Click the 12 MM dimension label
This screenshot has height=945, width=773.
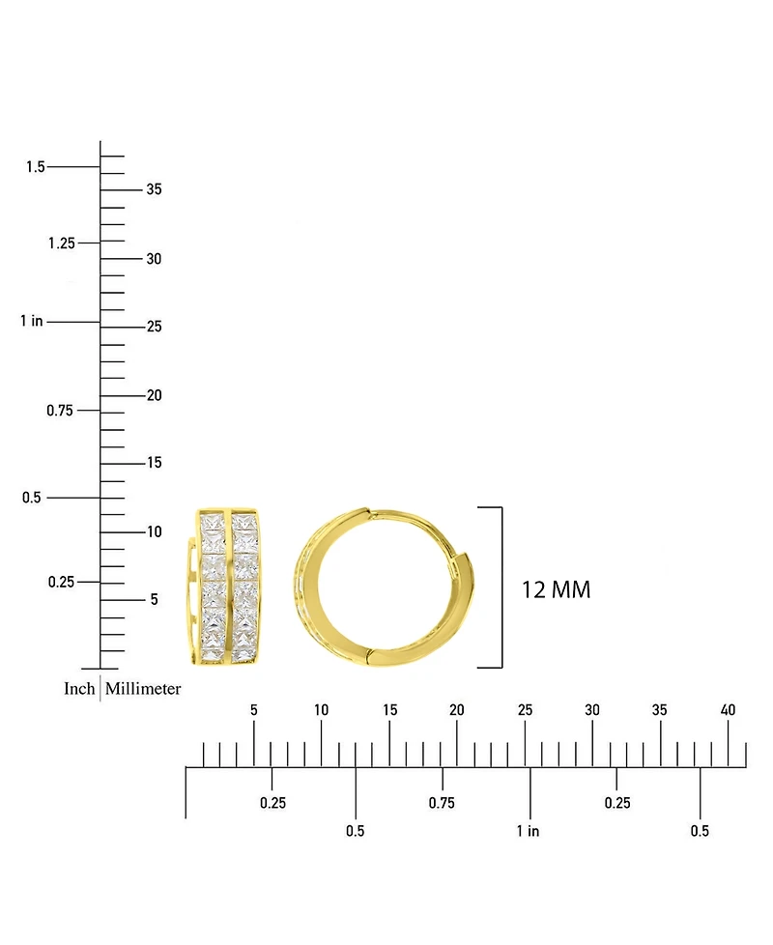(x=556, y=589)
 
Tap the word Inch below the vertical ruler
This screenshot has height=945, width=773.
(x=79, y=688)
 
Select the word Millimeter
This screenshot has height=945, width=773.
(x=143, y=688)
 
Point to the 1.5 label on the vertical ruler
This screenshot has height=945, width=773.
(x=36, y=166)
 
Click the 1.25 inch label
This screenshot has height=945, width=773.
(x=62, y=243)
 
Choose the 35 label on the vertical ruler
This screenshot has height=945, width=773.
(x=155, y=189)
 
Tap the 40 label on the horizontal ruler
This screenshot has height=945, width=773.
(x=728, y=710)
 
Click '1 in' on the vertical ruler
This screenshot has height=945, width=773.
(x=32, y=321)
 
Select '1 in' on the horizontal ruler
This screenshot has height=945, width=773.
(x=528, y=831)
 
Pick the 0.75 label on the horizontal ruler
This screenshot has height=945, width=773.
(x=442, y=803)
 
